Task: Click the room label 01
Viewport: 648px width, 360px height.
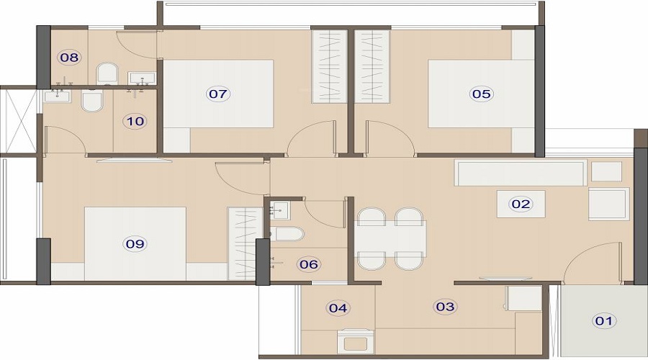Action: tap(604, 320)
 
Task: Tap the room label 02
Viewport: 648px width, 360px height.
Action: tap(521, 204)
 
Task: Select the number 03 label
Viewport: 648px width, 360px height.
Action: tap(445, 306)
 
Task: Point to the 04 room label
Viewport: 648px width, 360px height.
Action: tap(338, 308)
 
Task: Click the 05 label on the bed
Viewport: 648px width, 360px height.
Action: tap(481, 94)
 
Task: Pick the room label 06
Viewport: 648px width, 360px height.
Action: tap(309, 264)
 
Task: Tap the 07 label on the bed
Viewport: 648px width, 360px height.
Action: tap(217, 94)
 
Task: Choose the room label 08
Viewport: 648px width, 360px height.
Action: tap(69, 57)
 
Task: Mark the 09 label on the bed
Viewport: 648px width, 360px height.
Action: tap(135, 244)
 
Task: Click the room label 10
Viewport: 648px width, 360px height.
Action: tap(135, 122)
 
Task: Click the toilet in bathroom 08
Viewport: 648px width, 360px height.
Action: tap(107, 74)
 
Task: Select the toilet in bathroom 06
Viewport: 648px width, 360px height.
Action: tap(287, 234)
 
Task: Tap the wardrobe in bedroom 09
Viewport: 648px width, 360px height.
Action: tap(245, 244)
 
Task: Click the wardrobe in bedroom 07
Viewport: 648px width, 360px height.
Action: tap(329, 66)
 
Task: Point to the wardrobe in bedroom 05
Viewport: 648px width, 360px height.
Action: tap(372, 66)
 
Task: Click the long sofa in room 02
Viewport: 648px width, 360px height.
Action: tap(521, 173)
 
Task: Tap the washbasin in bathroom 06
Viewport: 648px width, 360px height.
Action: tap(280, 211)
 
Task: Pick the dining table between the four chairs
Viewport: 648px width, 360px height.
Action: tap(390, 239)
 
